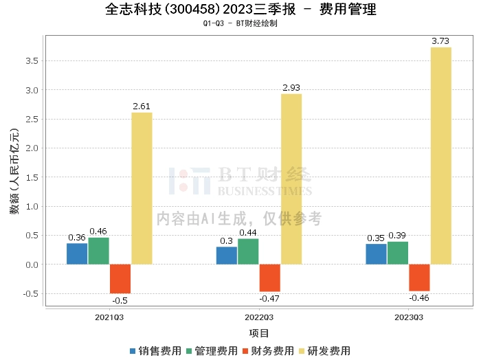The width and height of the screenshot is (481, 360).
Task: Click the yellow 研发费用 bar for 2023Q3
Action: [441, 156]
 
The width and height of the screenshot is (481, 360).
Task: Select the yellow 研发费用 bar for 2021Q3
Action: [142, 188]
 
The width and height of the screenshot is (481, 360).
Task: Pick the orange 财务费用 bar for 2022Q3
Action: [269, 278]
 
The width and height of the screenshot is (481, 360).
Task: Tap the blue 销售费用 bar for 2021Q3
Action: [77, 254]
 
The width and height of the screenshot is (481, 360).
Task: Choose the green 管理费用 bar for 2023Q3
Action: [398, 253]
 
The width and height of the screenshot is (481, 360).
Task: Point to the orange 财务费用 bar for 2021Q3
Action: [120, 279]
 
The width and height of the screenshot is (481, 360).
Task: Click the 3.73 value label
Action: [440, 42]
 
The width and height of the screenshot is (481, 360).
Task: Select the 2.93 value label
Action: [291, 88]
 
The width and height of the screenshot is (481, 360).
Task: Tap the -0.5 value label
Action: [120, 300]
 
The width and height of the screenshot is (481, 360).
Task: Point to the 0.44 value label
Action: [248, 233]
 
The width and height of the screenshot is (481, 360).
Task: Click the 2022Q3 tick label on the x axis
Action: [259, 317]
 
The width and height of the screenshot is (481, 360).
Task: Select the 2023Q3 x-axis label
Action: [408, 317]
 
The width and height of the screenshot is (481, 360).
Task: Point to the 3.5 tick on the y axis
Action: [32, 61]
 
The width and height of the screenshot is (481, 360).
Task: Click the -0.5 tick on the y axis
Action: [31, 294]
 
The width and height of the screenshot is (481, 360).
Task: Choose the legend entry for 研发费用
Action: [323, 351]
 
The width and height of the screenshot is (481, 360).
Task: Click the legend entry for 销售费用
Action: [155, 351]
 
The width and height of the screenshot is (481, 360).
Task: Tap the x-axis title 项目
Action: [259, 333]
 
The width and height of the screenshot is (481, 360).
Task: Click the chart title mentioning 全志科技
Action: [241, 10]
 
